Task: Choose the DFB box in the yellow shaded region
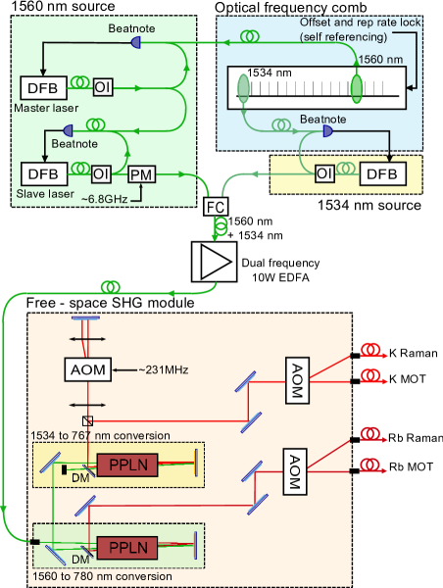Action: click(385, 173)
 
